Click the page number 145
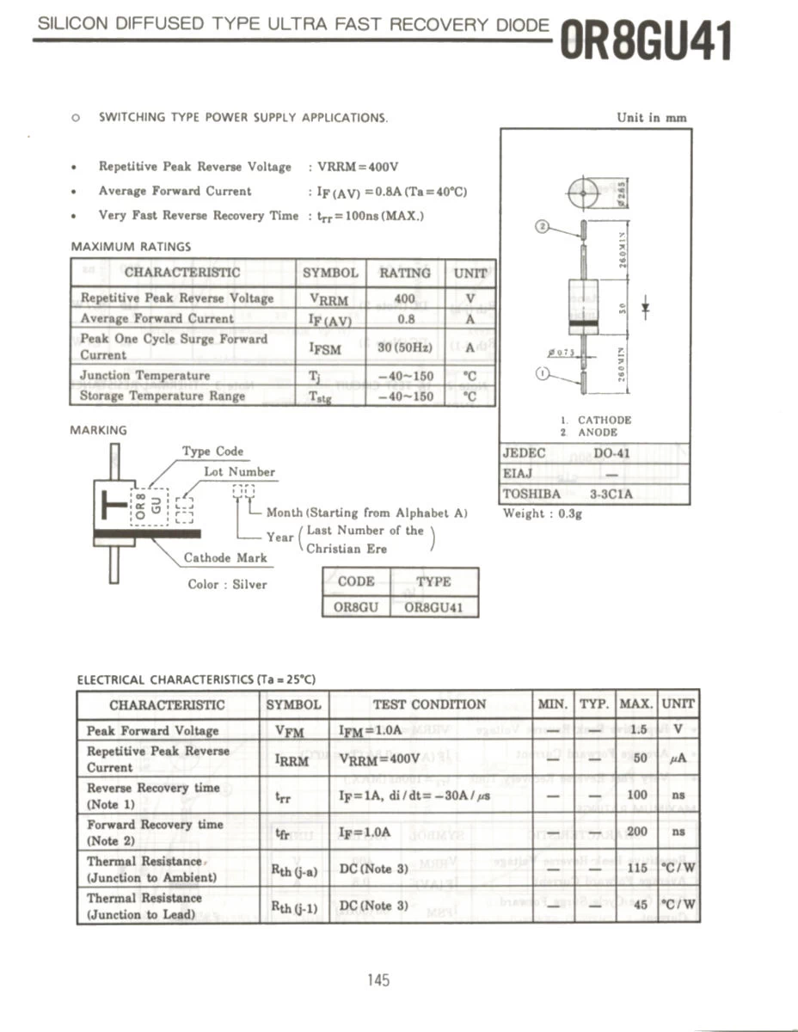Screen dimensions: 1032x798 (378, 980)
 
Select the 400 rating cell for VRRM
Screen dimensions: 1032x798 (404, 298)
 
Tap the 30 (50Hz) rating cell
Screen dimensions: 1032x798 (404, 348)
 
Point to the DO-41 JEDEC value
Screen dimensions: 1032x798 (611, 452)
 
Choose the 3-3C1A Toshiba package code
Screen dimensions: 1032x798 (611, 494)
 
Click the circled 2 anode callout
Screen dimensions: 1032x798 (543, 227)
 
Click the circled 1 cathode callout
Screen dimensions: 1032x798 (543, 373)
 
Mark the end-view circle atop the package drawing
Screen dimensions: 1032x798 (583, 193)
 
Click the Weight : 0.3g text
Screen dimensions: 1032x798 (543, 513)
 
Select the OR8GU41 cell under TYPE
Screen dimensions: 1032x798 (433, 606)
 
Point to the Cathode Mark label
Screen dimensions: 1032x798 (225, 557)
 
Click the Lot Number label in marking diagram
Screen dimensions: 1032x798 (239, 471)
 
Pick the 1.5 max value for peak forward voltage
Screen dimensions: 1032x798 (637, 729)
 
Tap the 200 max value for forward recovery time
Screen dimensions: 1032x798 (637, 832)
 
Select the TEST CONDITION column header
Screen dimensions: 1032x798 (429, 704)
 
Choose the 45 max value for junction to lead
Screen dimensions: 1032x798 (637, 905)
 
